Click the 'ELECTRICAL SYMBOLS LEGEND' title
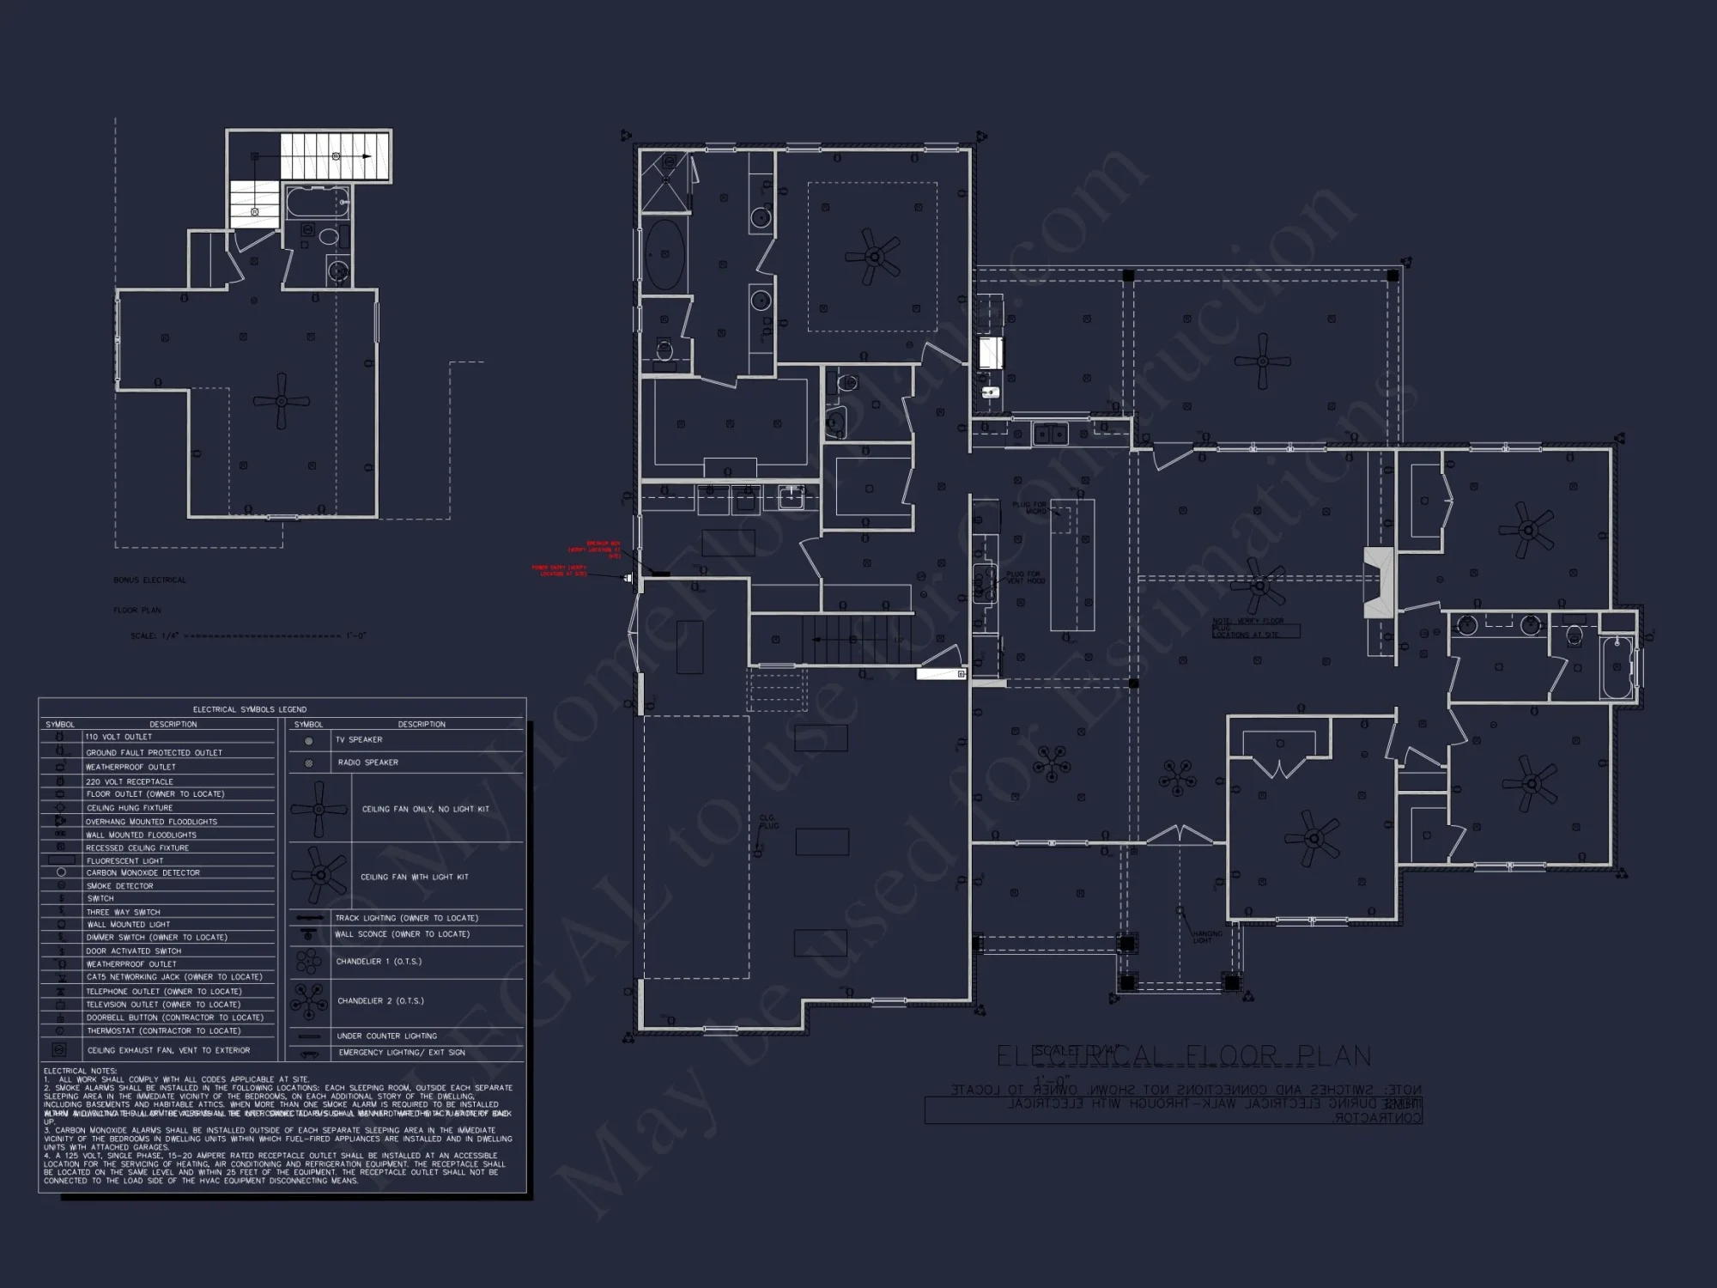pyautogui.click(x=249, y=709)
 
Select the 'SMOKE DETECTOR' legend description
pyautogui.click(x=119, y=885)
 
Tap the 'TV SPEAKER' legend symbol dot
pyautogui.click(x=309, y=740)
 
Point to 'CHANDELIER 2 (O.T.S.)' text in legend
pyautogui.click(x=380, y=1000)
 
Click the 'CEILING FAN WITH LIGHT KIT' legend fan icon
pyautogui.click(x=319, y=875)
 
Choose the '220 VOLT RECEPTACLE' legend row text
pyautogui.click(x=129, y=781)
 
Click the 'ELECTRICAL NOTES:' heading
pyautogui.click(x=77, y=1071)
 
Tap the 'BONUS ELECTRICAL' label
pyautogui.click(x=149, y=580)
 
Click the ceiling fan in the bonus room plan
pyautogui.click(x=281, y=400)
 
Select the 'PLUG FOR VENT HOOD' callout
pyautogui.click(x=1024, y=577)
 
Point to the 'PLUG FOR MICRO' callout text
pyautogui.click(x=1029, y=507)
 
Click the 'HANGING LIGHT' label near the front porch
pyautogui.click(x=1206, y=936)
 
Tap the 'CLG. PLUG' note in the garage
pyautogui.click(x=768, y=822)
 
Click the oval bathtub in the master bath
pyautogui.click(x=664, y=255)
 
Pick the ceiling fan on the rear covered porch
pyautogui.click(x=1262, y=361)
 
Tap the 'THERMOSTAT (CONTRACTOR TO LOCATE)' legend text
pyautogui.click(x=163, y=1030)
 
